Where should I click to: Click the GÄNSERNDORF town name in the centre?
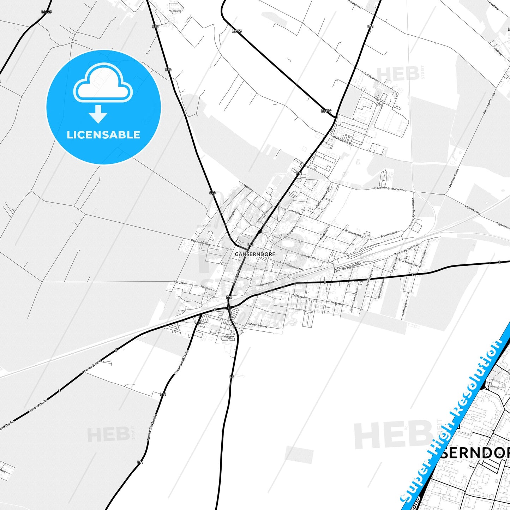254,254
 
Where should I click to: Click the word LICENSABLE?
103,135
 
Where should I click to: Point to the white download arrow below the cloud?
98,114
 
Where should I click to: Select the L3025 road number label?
46,12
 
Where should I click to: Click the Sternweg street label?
175,11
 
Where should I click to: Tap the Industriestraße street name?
370,76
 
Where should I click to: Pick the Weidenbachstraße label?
342,141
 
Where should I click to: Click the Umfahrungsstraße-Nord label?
390,189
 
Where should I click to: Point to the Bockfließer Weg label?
200,242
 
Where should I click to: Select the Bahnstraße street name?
308,256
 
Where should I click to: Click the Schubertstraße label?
294,266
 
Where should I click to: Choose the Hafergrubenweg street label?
257,325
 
